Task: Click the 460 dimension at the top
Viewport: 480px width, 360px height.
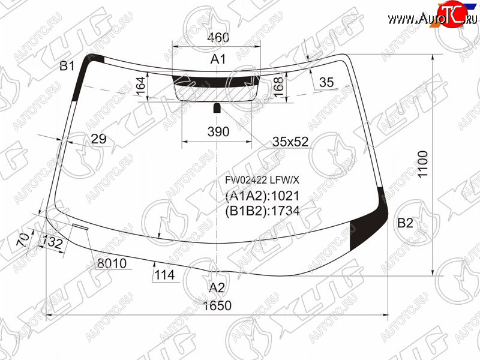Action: click(x=218, y=37)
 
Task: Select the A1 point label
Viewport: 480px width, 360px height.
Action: click(x=218, y=59)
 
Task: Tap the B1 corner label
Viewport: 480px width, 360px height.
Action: click(x=67, y=66)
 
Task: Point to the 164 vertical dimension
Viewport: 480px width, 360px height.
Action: click(x=141, y=86)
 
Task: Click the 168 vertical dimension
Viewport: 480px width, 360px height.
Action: click(x=278, y=87)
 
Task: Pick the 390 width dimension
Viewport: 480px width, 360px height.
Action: click(x=218, y=131)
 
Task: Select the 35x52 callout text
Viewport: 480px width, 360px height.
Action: click(x=290, y=142)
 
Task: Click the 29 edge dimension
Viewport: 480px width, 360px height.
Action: click(x=98, y=139)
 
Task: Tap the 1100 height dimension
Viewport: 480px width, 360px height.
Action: click(x=422, y=164)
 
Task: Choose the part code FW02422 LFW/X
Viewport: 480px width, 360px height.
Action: click(x=262, y=181)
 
